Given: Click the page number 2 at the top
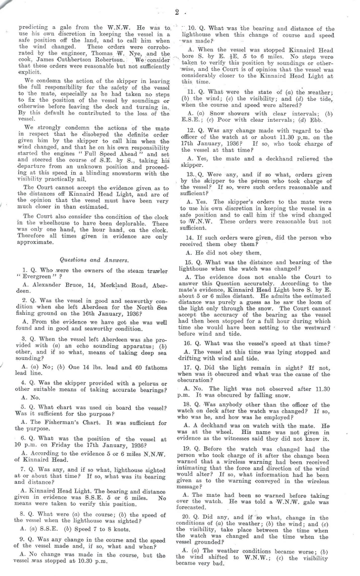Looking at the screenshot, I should click(x=178, y=11).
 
